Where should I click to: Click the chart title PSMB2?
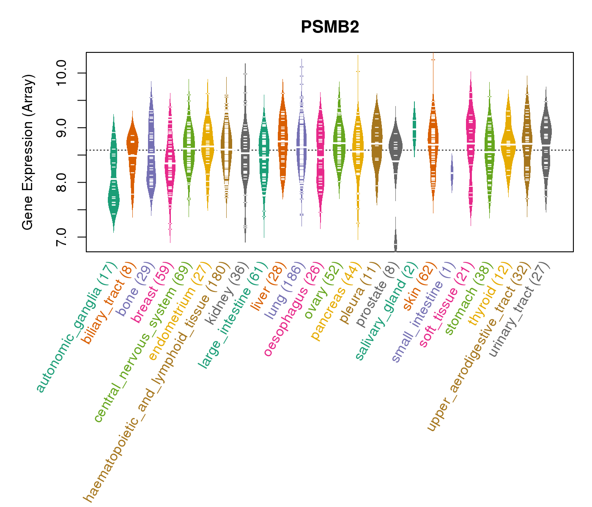click(x=330, y=27)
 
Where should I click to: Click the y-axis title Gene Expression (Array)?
click(x=28, y=153)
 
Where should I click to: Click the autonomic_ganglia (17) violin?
click(x=113, y=186)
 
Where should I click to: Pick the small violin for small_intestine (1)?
click(x=452, y=174)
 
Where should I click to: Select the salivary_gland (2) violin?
click(x=414, y=127)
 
